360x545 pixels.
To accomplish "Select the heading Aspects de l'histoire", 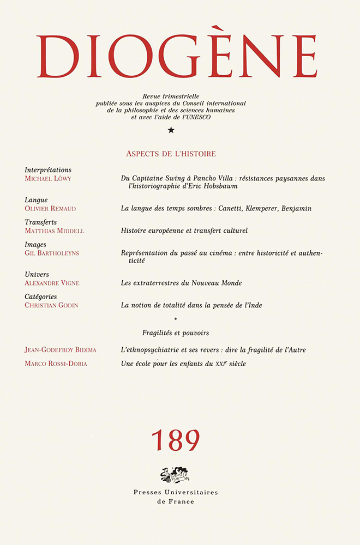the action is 171,154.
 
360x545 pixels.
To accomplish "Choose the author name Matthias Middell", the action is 55,231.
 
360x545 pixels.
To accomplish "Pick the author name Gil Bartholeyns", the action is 53,253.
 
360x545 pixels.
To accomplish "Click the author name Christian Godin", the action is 51,305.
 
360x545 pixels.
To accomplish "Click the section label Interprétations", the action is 48,170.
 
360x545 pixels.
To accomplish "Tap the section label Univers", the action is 37,274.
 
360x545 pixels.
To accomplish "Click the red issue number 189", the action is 175,440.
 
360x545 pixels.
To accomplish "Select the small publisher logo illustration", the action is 175,475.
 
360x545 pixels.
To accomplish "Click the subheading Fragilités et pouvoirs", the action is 176,332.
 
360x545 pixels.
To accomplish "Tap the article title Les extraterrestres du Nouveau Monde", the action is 181,283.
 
